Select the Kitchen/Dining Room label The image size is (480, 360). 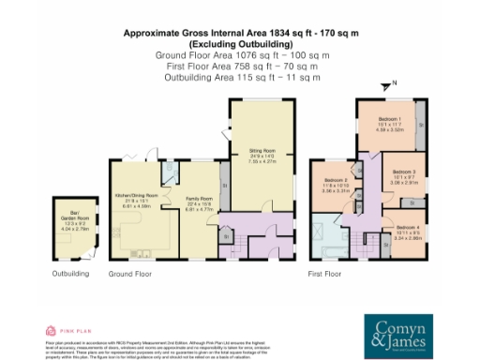click(136, 200)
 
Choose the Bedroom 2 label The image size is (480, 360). click(336, 185)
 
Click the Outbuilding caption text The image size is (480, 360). click(70, 274)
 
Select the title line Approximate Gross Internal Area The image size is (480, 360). click(239, 34)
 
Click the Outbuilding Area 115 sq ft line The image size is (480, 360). click(239, 78)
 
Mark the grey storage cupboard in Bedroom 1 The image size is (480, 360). click(419, 123)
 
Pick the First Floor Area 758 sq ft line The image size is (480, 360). click(239, 67)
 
